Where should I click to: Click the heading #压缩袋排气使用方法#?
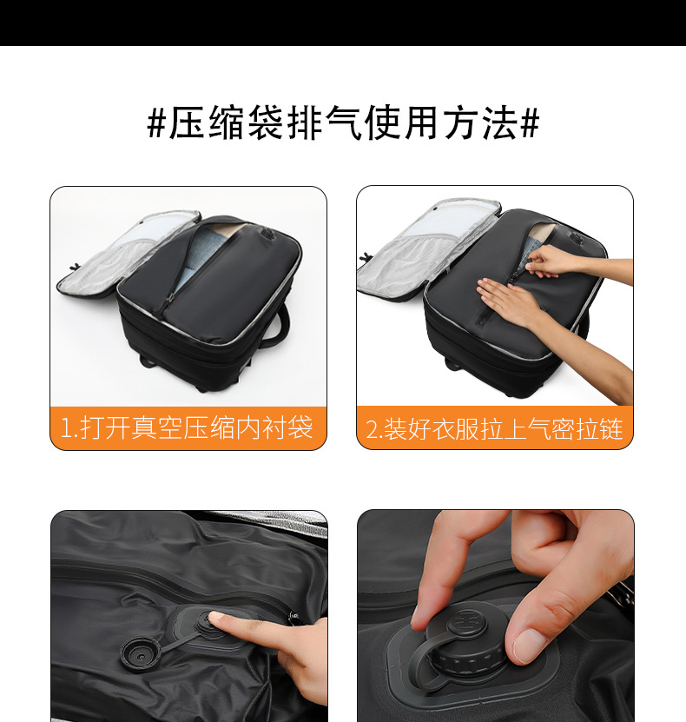[x=343, y=123]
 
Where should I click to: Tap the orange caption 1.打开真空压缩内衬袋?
[x=188, y=427]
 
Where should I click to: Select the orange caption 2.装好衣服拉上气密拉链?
[x=495, y=428]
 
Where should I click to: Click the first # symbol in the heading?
[x=156, y=123]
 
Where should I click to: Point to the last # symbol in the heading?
[x=530, y=123]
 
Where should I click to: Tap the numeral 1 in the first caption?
[x=66, y=428]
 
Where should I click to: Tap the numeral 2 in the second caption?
[x=372, y=429]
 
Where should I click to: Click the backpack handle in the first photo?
[x=280, y=322]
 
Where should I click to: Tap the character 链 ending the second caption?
[x=611, y=428]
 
